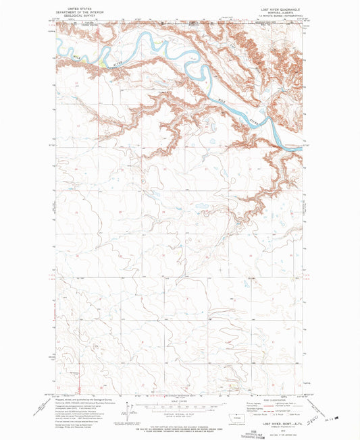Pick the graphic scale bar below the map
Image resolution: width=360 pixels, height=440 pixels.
pyautogui.click(x=179, y=405)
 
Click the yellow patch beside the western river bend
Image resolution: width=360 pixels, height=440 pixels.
pyautogui.click(x=101, y=64)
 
